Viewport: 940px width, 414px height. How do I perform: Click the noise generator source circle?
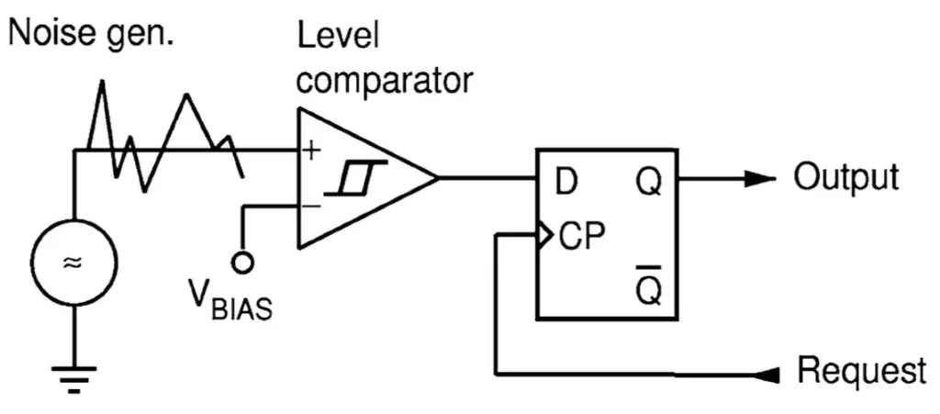(x=74, y=220)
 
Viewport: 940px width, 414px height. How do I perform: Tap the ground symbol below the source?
(x=73, y=378)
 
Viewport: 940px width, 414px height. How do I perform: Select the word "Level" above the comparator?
(x=339, y=39)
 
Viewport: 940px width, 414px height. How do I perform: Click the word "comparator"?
(x=385, y=80)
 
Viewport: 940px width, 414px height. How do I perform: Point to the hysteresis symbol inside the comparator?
(x=355, y=178)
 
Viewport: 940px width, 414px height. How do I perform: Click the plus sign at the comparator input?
(x=310, y=151)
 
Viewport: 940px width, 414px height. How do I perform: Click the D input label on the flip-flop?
(x=565, y=183)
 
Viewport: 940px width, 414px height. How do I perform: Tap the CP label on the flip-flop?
(x=581, y=237)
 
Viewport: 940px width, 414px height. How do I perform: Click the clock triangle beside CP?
(x=544, y=236)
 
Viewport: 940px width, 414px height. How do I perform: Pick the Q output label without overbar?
(x=649, y=184)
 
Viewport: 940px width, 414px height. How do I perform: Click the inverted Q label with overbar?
(x=649, y=285)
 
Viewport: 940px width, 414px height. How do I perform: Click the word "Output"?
(x=846, y=177)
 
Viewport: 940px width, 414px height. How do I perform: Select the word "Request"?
(x=861, y=370)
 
